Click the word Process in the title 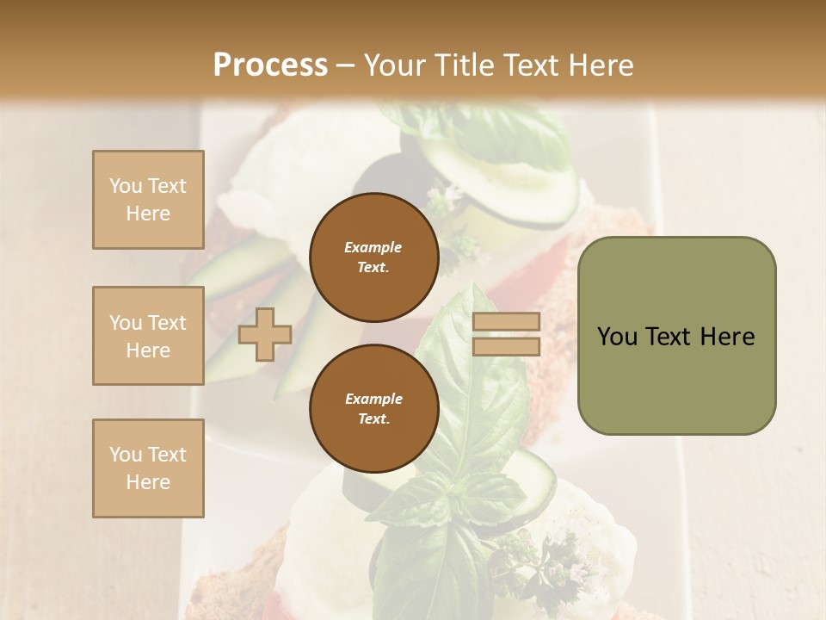click(270, 65)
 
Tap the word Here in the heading click(597, 65)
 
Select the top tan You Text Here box click(148, 200)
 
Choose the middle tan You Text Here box click(148, 336)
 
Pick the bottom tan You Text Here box click(148, 468)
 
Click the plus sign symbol click(265, 334)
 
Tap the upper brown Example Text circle click(373, 257)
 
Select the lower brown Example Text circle click(373, 409)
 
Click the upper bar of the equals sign click(506, 322)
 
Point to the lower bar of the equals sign click(506, 346)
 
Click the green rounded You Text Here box click(676, 336)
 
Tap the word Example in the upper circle click(373, 247)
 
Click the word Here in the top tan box click(148, 214)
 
